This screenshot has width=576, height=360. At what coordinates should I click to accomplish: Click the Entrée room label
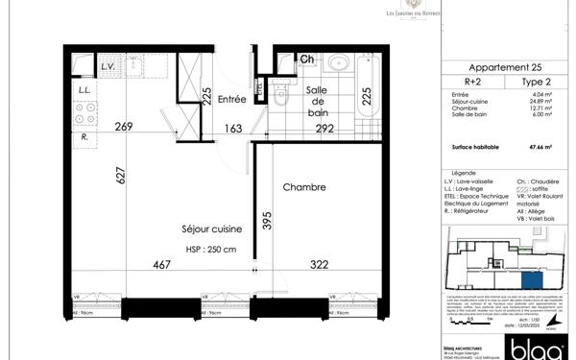232,99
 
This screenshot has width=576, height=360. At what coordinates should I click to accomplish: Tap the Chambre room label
304,188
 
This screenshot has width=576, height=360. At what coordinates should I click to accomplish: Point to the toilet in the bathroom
280,93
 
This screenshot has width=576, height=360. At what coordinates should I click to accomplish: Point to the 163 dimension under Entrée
232,126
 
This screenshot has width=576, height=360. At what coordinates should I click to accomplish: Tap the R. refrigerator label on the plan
86,136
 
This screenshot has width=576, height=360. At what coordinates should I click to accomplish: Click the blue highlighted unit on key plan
531,279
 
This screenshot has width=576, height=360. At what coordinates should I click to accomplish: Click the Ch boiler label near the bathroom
307,60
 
